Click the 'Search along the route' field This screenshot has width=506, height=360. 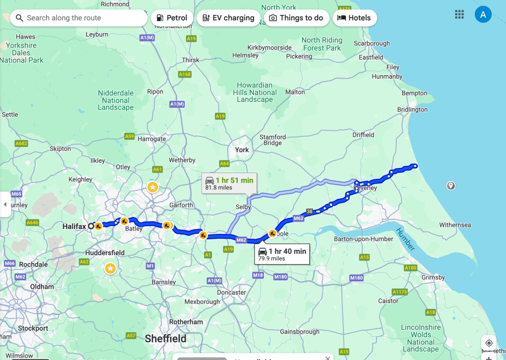[79, 18]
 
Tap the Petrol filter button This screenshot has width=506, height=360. [171, 18]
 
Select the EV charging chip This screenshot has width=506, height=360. [228, 18]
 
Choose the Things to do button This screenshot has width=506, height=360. [296, 18]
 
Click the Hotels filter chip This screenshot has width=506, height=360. [354, 18]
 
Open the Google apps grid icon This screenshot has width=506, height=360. [460, 14]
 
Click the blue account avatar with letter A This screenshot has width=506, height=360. [483, 14]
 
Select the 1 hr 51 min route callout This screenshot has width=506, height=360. [229, 183]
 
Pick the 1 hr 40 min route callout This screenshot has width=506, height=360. [282, 254]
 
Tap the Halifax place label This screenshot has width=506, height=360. [74, 226]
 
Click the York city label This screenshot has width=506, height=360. [242, 150]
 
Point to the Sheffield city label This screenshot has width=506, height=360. [166, 339]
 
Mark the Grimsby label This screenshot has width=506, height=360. [433, 277]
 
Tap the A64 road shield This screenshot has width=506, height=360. [224, 163]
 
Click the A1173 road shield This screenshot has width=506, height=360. [399, 292]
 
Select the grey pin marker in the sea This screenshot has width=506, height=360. [451, 185]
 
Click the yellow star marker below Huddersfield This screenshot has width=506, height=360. [110, 268]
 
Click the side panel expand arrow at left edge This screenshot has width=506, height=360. [5, 204]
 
